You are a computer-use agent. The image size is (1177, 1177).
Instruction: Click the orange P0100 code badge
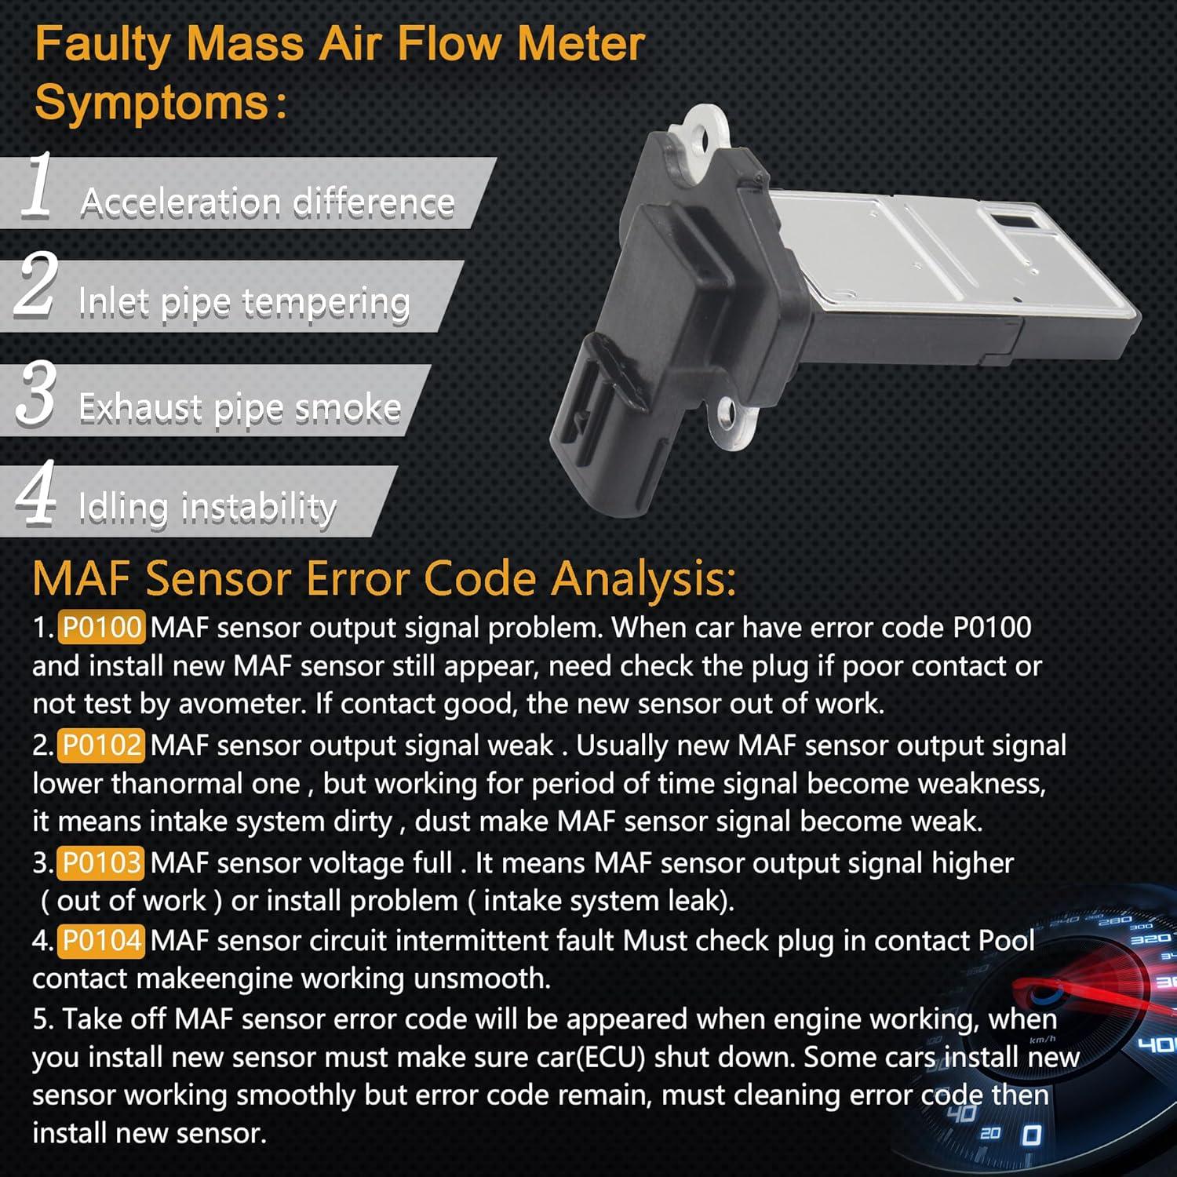101,628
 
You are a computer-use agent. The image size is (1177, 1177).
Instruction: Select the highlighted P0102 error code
101,745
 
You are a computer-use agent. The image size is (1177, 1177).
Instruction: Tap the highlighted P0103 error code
101,863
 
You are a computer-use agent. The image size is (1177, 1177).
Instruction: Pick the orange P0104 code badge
101,940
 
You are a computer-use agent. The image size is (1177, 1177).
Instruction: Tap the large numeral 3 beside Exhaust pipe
36,394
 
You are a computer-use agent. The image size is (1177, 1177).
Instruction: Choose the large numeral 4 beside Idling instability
36,493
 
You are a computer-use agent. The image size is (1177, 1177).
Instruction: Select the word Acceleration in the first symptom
180,202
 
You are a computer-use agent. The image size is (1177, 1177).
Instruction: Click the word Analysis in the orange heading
643,579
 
